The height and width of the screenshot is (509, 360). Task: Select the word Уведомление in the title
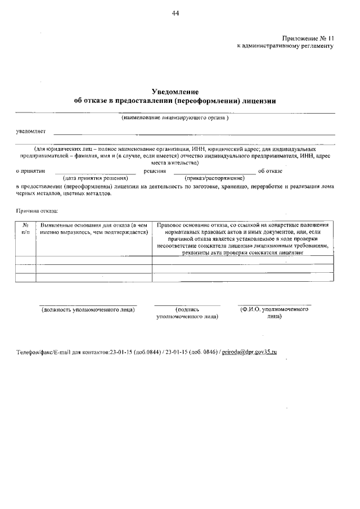point(175,92)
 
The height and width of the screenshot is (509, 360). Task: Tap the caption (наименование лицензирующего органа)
point(175,118)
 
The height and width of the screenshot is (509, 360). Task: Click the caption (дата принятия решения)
point(95,178)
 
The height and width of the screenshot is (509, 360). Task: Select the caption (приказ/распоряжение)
point(214,178)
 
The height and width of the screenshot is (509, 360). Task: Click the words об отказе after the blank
point(270,170)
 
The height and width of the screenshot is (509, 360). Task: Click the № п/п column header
point(25,228)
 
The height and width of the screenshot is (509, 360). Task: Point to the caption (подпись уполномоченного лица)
point(187,313)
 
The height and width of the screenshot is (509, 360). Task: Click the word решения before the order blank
point(154,170)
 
